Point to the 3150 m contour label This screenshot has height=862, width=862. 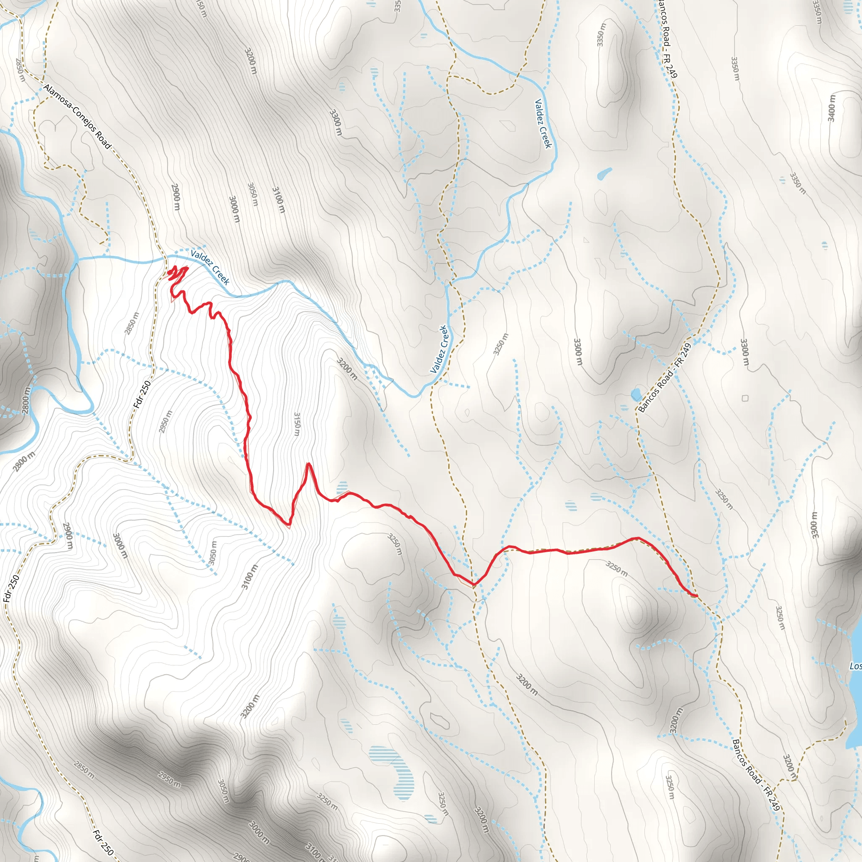(297, 424)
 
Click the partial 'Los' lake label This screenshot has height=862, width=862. (855, 666)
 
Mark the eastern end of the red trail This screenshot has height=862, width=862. (697, 596)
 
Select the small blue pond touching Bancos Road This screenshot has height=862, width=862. (636, 394)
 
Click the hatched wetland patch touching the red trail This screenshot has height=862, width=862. (342, 487)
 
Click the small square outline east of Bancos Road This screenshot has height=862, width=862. (745, 398)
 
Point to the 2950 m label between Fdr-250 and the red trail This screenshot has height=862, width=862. (165, 422)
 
